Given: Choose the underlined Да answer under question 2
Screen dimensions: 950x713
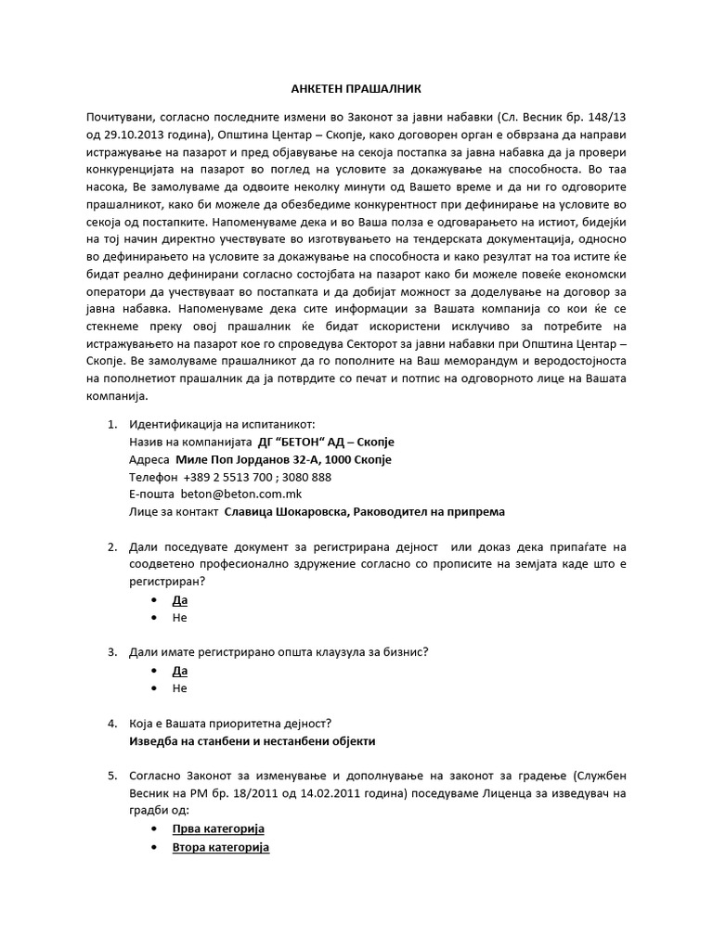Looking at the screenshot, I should [x=180, y=600].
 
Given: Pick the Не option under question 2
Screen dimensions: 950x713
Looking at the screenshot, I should [x=180, y=618].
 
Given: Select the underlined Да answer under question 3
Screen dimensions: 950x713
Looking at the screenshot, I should [x=180, y=671].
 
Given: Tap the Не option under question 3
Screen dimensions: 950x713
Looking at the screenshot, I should [x=180, y=688].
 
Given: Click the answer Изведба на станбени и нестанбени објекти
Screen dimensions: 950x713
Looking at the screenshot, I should [x=253, y=741].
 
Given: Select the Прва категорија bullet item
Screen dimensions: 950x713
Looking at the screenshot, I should [x=218, y=828].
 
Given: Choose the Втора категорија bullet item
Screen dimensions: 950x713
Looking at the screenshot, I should [x=221, y=848].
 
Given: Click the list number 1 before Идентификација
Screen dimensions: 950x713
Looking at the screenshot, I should [x=111, y=424].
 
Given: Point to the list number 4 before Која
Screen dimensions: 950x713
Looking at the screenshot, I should [x=111, y=724].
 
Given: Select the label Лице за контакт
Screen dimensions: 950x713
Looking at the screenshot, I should [x=174, y=512].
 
